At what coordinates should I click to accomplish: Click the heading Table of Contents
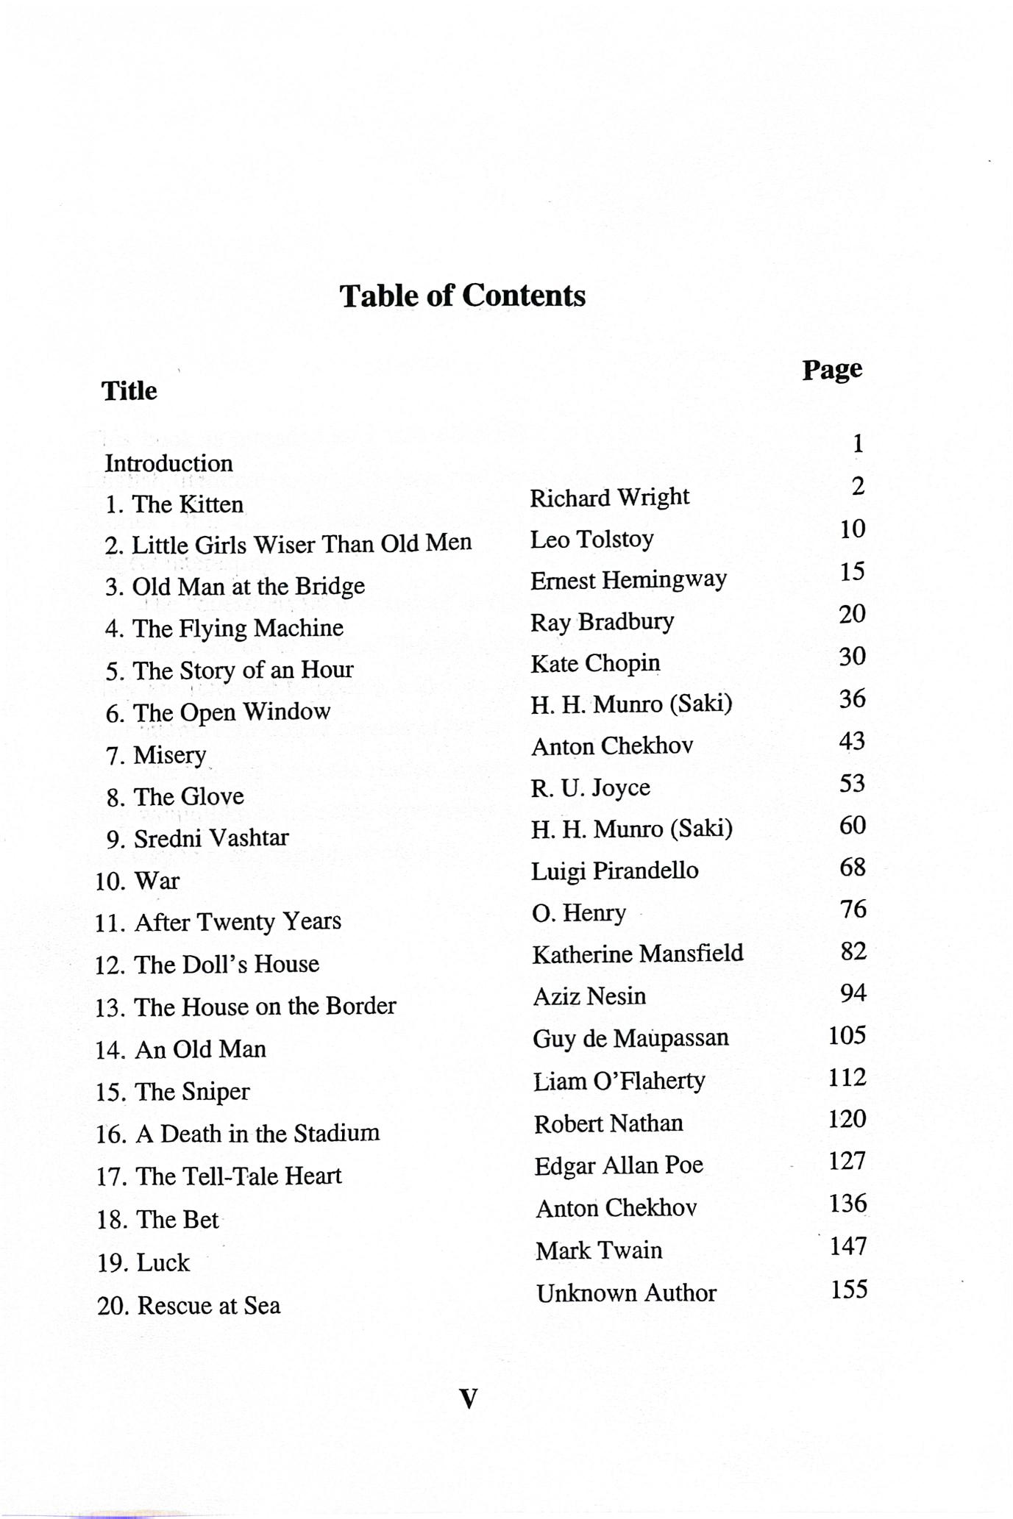coord(462,296)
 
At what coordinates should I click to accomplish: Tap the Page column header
coord(831,369)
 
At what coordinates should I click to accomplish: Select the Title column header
coord(129,390)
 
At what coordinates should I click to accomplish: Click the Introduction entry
coord(168,463)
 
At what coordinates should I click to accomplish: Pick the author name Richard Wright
coord(609,498)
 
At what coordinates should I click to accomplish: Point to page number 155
coord(849,1290)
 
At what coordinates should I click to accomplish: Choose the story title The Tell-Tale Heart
coord(238,1176)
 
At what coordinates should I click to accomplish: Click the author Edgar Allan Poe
coord(618,1165)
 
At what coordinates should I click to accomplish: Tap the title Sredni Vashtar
coord(210,838)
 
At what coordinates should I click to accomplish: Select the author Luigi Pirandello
coord(614,871)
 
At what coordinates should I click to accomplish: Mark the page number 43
coord(852,740)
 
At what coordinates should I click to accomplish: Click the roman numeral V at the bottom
coord(468,1398)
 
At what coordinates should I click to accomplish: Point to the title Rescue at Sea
coord(208,1306)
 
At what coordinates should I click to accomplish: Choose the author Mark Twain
coord(598,1251)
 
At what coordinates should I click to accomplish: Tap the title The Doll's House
coord(226,964)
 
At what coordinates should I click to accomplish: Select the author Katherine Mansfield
coord(637,954)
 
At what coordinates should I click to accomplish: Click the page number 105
coord(847,1036)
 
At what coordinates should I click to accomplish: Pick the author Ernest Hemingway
coord(628,580)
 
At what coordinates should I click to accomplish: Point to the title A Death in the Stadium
coord(257,1133)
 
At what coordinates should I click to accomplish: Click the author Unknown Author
coord(625,1293)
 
